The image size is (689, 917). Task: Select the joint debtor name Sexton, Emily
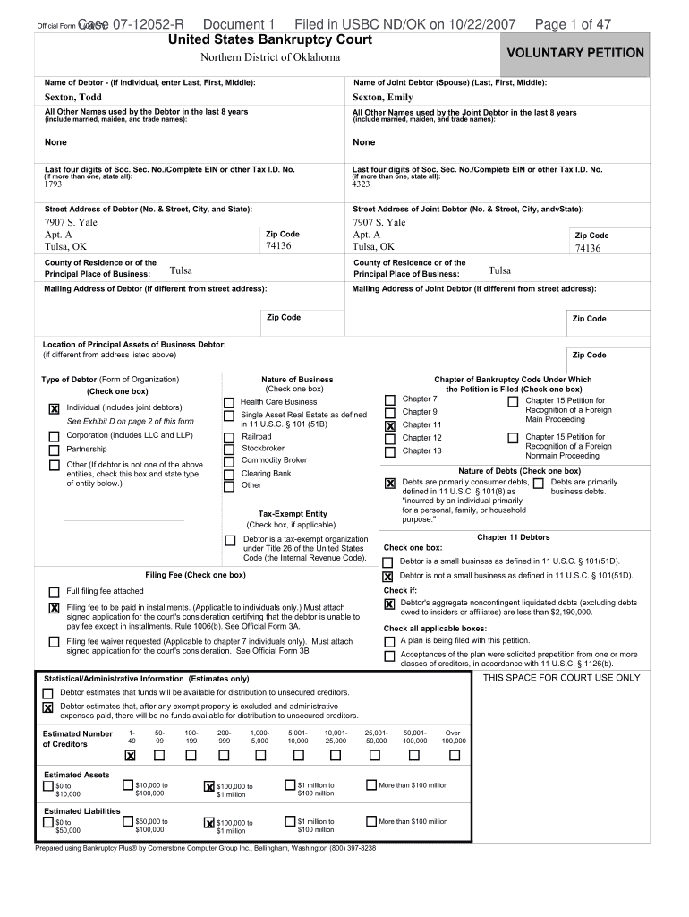coord(383,98)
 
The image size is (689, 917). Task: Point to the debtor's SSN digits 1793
coord(54,184)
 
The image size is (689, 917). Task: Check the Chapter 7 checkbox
coord(390,399)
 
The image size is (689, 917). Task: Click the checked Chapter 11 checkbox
coord(390,426)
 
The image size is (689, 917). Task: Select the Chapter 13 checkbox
coord(390,452)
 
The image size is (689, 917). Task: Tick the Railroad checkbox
coord(230,437)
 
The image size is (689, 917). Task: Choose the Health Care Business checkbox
coord(230,403)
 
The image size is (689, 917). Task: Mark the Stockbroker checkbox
coord(230,449)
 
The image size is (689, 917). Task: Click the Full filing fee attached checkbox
coord(54,592)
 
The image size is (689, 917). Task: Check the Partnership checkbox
coord(54,450)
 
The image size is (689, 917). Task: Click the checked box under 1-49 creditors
coord(132,756)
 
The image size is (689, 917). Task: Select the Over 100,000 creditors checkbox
coord(454,755)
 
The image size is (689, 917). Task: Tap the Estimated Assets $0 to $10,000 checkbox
coord(48,786)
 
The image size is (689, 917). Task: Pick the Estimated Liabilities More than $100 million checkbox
coord(371,821)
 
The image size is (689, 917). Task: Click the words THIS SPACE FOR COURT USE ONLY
coord(562,678)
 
